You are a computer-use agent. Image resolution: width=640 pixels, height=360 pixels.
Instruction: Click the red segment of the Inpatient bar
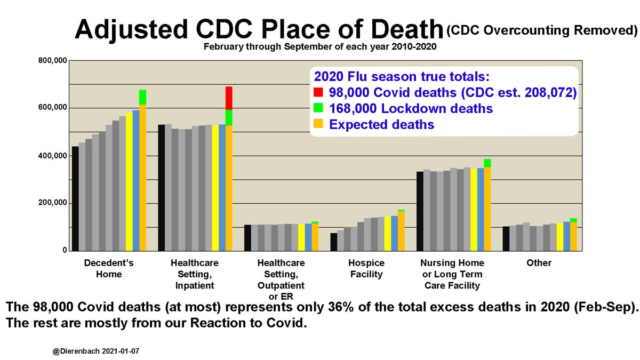[x=229, y=98]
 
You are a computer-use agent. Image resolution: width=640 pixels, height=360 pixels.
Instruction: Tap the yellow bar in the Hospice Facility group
[x=388, y=234]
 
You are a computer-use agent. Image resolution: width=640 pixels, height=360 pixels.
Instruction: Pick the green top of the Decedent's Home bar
[x=142, y=97]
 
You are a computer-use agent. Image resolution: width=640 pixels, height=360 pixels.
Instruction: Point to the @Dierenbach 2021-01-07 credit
[x=94, y=353]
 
